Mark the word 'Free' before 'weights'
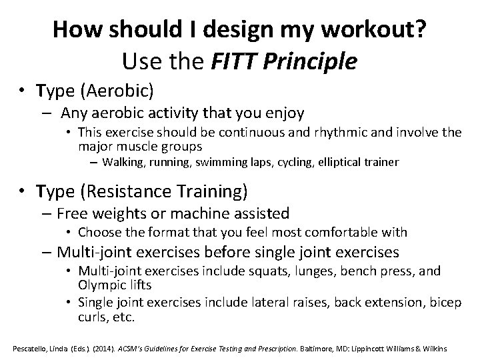click(x=71, y=214)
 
